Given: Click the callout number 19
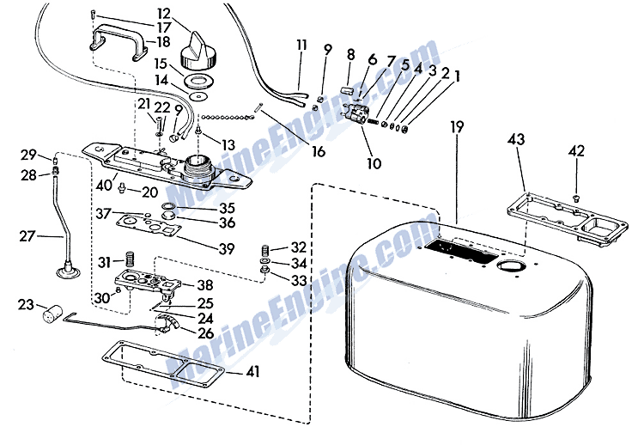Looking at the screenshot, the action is tap(457, 128).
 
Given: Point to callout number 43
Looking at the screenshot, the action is tap(516, 140).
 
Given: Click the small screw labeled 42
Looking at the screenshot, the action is tap(576, 198).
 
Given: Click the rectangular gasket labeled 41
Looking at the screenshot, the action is tap(163, 362).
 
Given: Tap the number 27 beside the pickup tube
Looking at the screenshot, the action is tap(27, 236).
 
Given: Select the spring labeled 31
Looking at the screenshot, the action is tap(131, 259).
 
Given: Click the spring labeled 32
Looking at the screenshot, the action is tap(265, 249).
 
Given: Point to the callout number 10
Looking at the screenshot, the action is tap(374, 163).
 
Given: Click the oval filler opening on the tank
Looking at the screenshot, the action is tap(509, 265).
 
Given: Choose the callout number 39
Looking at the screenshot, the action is tap(227, 249).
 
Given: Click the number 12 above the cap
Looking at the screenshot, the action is tap(163, 14).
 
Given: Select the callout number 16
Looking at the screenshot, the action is tap(319, 151).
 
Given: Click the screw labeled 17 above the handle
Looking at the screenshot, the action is tap(92, 14).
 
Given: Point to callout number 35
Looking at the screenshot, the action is tap(227, 208).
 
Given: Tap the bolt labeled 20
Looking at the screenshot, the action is tap(122, 189).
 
